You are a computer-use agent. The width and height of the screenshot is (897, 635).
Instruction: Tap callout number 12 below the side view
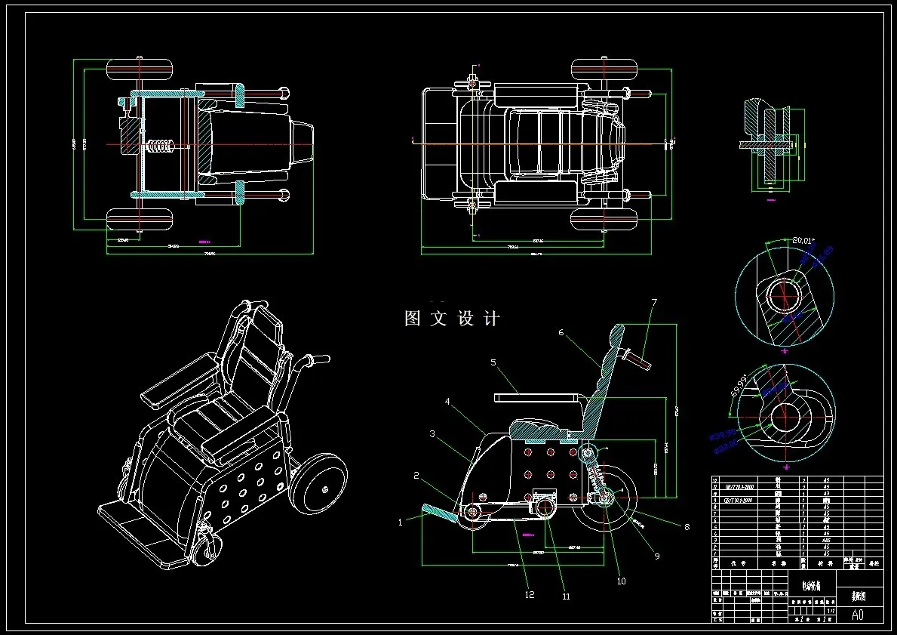(x=530, y=595)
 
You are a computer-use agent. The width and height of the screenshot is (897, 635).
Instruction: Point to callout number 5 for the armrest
(x=493, y=362)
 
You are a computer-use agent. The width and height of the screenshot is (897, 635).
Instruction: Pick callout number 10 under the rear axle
(x=621, y=581)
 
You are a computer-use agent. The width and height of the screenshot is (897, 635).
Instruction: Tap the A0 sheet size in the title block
(x=857, y=615)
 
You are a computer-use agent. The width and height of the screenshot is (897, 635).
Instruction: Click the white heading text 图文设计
(x=452, y=319)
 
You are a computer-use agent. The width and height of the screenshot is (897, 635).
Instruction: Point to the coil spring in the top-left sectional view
(x=159, y=146)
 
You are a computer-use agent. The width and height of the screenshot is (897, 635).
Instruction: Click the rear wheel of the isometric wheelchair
(x=318, y=484)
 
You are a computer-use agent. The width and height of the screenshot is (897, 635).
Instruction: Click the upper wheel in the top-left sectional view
(x=140, y=70)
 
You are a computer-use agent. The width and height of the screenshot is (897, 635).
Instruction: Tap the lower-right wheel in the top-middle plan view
(x=604, y=220)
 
